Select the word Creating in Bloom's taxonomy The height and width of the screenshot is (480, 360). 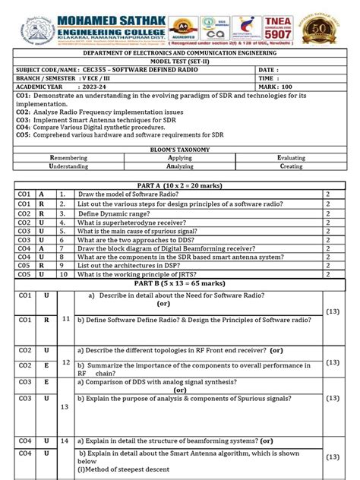(x=291, y=166)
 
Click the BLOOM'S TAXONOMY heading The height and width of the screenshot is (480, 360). (x=179, y=150)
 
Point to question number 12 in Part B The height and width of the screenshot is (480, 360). (x=66, y=362)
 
